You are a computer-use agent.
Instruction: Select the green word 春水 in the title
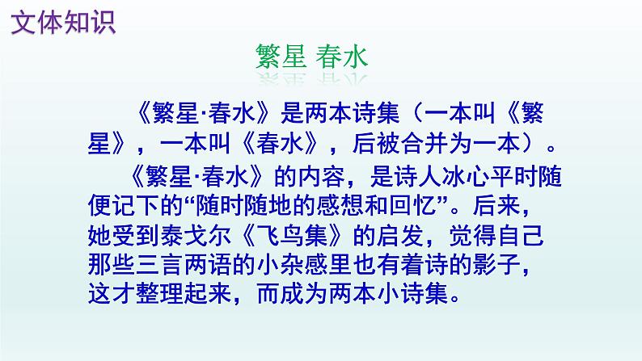coord(343,57)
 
